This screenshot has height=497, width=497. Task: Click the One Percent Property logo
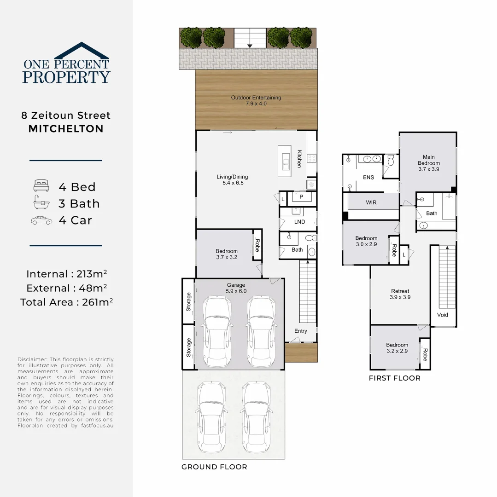pos(66,64)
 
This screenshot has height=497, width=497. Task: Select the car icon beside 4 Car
pos(41,220)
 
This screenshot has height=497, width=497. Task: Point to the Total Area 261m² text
pos(66,302)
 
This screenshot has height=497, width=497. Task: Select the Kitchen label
pos(299,159)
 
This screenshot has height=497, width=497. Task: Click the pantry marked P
pos(301,197)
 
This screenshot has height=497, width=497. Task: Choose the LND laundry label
pos(299,222)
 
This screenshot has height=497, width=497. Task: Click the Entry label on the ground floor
pos(300,331)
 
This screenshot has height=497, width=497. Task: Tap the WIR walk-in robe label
pos(371,202)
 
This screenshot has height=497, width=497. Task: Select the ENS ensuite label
pos(368,177)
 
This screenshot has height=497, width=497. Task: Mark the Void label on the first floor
pos(442,315)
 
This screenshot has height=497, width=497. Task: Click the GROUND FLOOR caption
pos(214,467)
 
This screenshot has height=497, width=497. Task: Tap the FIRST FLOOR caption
pos(394,378)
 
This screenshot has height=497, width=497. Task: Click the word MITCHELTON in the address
pos(66,129)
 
